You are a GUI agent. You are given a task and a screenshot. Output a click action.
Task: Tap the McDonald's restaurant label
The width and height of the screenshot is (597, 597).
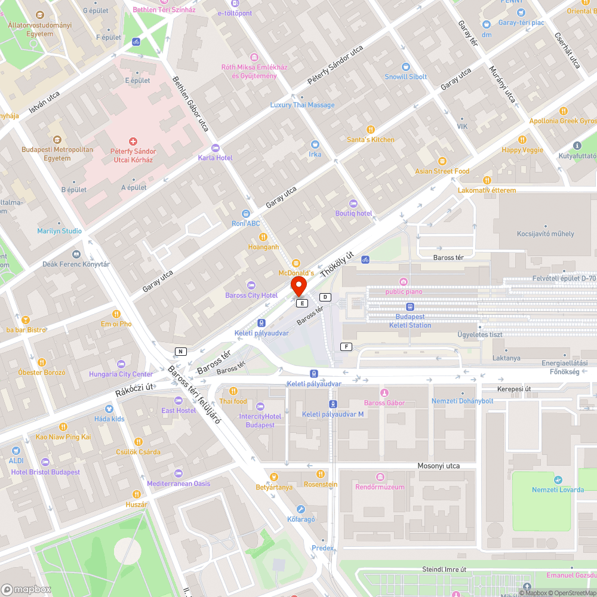296,273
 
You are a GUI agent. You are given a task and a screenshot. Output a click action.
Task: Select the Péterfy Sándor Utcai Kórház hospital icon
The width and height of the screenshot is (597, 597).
133,141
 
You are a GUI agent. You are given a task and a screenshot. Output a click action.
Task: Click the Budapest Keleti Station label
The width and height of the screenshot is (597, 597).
410,321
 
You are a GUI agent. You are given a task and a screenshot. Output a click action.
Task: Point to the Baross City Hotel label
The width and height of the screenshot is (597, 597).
251,296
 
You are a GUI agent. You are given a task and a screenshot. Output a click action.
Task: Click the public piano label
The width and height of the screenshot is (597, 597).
404,291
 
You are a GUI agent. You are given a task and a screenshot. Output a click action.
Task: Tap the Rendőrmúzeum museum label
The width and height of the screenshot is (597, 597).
380,487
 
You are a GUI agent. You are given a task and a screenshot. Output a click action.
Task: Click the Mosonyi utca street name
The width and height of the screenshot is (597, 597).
439,466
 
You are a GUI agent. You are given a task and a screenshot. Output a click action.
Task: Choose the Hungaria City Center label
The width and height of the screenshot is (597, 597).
121,374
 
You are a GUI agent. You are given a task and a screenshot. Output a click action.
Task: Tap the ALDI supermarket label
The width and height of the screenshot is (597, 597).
16,461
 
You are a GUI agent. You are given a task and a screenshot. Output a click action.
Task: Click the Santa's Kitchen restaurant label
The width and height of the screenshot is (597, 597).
371,139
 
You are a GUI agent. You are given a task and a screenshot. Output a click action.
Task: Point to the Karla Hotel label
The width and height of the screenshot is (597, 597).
216,158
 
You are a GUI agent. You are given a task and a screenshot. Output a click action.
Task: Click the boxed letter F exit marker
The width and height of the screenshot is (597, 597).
346,347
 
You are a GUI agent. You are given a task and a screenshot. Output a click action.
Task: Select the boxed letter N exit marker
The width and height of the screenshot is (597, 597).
180,351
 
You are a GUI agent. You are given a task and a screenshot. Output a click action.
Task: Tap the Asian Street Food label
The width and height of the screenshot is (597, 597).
442,171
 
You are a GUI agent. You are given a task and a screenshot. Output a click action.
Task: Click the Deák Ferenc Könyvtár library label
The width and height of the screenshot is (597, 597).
76,264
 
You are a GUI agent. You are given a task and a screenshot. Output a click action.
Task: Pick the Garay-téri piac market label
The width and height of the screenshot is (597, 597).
521,23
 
